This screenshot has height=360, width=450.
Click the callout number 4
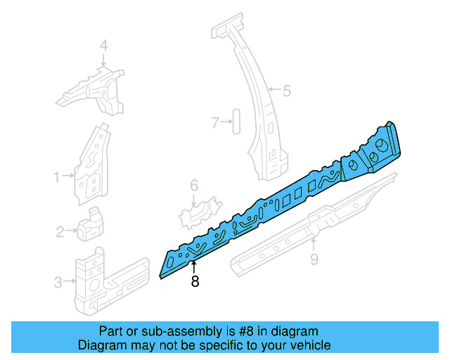click(x=103, y=46)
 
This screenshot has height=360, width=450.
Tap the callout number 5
click(x=286, y=90)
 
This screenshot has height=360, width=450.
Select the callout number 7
click(x=216, y=123)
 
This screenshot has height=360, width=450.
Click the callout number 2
click(x=60, y=230)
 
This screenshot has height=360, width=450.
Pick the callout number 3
click(x=58, y=283)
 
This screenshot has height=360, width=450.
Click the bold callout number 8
click(x=195, y=282)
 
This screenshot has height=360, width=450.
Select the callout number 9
click(x=314, y=262)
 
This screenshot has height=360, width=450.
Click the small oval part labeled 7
click(x=236, y=121)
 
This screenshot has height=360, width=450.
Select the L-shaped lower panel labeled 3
click(x=98, y=278)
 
